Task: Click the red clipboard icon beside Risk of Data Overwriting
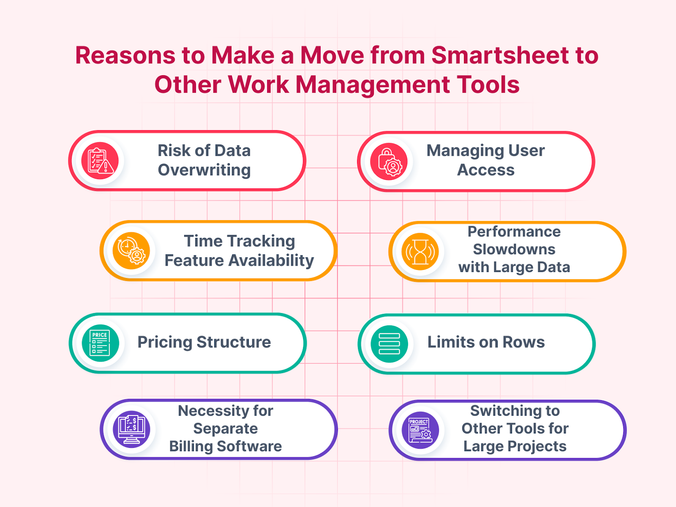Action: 100,161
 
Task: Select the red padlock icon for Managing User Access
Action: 389,162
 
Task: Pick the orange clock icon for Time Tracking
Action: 131,251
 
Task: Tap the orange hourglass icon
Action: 420,252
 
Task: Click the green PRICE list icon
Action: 100,343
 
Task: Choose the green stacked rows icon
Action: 389,343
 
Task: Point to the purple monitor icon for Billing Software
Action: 131,429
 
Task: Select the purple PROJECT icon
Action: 420,430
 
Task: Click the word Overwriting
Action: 204,170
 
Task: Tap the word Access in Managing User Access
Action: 486,170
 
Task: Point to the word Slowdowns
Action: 514,250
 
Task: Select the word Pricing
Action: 165,342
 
